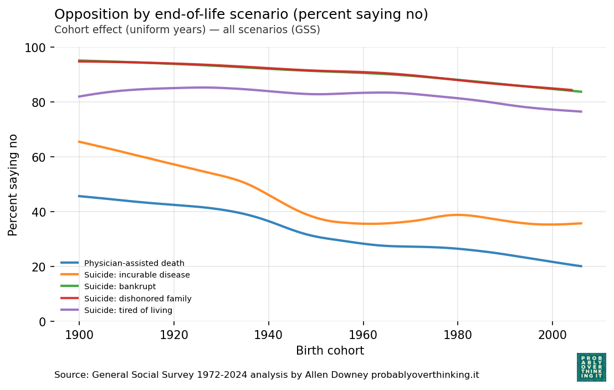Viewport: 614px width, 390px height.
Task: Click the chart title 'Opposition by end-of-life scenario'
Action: pos(241,14)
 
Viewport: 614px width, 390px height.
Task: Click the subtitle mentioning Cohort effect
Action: pos(187,30)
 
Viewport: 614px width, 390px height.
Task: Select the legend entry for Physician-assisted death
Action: pos(134,263)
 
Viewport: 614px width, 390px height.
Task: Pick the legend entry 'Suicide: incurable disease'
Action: pos(137,275)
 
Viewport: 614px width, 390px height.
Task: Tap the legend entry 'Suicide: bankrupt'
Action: pos(120,286)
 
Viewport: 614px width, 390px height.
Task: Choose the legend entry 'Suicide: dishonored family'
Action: pos(137,299)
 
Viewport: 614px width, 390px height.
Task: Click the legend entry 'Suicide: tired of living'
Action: pos(128,310)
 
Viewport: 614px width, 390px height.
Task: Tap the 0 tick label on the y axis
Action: pos(43,322)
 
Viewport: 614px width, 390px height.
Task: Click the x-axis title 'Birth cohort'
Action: pos(330,351)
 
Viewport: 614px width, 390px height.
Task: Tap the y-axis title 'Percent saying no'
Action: pos(13,184)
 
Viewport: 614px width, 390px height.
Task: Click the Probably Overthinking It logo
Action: pos(591,367)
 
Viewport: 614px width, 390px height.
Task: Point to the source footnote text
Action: pos(267,375)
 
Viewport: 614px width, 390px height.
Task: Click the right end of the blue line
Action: pos(581,266)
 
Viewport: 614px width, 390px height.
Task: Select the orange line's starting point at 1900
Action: pos(79,142)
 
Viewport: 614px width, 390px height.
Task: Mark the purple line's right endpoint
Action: pos(581,111)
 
